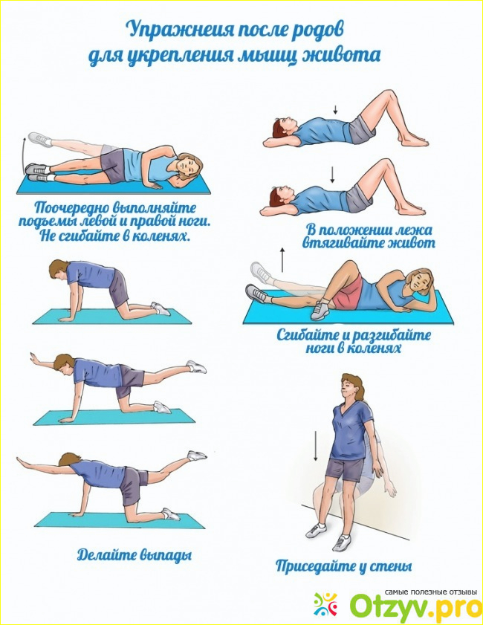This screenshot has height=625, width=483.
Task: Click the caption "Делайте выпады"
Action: point(134,555)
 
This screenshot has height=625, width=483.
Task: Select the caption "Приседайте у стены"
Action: point(343,566)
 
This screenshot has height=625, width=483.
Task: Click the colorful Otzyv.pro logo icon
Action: point(325,604)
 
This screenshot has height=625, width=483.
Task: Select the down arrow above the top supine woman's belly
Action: point(336,109)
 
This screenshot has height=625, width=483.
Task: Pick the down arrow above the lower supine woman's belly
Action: point(331,175)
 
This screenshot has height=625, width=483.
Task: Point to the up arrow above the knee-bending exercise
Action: point(282,259)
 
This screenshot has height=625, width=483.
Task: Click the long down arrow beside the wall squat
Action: point(315,446)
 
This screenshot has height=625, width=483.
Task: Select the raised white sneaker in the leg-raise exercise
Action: point(40,140)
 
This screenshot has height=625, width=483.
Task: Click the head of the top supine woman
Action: point(282,129)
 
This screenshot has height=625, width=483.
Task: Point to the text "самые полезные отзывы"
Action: point(431,592)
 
